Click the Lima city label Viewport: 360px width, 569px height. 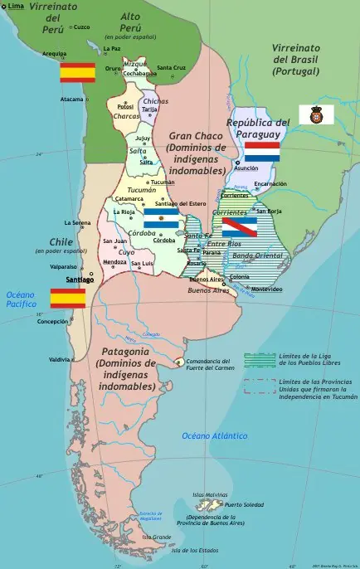16,6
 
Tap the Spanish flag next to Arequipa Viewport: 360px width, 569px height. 77,72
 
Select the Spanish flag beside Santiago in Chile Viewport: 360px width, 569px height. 68,299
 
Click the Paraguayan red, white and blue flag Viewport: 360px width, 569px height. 261,152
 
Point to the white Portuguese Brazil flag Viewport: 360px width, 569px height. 316,114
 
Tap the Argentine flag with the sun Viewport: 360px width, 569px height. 161,218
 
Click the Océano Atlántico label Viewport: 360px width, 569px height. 214,435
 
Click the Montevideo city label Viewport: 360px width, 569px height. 267,289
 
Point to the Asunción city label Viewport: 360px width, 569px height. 246,168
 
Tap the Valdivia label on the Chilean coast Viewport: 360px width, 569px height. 60,359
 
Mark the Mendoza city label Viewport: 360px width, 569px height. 114,261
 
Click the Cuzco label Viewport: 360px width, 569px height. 82,27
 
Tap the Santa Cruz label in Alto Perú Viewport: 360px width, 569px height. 172,67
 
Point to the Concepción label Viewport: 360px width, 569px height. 52,321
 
